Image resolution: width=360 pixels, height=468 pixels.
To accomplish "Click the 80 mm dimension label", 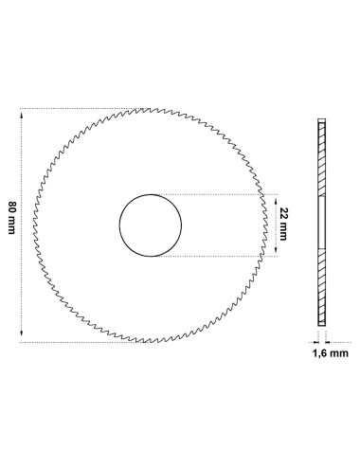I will (10, 225).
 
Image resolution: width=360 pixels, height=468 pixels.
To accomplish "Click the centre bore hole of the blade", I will (150, 225).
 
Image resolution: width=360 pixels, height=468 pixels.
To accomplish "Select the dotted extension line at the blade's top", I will (76, 108).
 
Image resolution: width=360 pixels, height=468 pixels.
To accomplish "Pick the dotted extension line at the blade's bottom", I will (76, 342).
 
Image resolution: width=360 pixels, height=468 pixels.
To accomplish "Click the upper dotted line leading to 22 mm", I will (218, 194).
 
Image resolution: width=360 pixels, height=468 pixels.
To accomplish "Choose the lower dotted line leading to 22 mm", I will (218, 257).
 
